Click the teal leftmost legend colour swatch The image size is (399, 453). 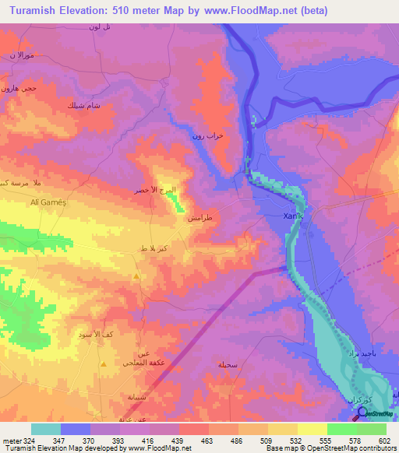46,429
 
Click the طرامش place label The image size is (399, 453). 221,219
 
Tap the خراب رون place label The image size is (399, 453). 208,135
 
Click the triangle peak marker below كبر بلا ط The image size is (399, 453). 137,276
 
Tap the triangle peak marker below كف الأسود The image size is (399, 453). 102,363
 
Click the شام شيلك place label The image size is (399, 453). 83,104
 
